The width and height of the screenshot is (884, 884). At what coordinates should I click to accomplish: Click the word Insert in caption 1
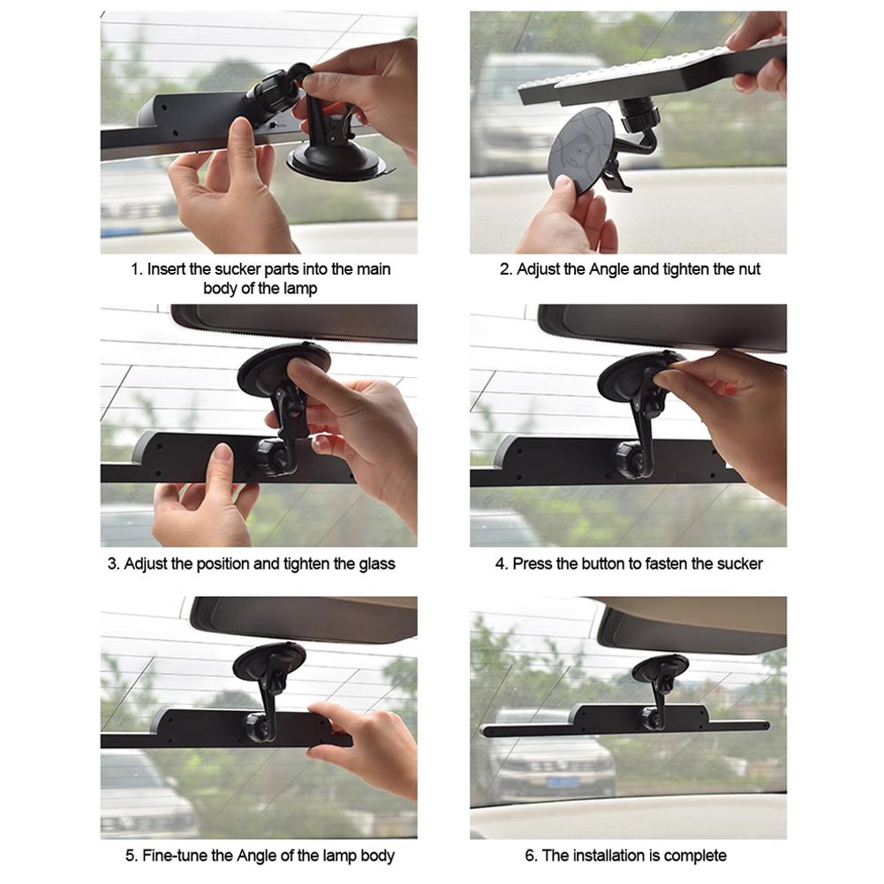pyautogui.click(x=167, y=269)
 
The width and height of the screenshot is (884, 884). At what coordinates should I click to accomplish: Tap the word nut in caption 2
pyautogui.click(x=748, y=269)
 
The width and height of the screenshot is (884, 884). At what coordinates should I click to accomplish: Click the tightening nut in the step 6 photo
pyautogui.click(x=652, y=716)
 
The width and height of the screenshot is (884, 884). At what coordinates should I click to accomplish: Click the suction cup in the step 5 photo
pyautogui.click(x=269, y=661)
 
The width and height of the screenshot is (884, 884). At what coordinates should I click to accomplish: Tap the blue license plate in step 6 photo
pyautogui.click(x=562, y=782)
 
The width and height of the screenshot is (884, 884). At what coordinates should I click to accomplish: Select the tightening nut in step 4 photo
pyautogui.click(x=628, y=459)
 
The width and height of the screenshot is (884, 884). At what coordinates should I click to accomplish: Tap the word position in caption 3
pyautogui.click(x=223, y=564)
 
